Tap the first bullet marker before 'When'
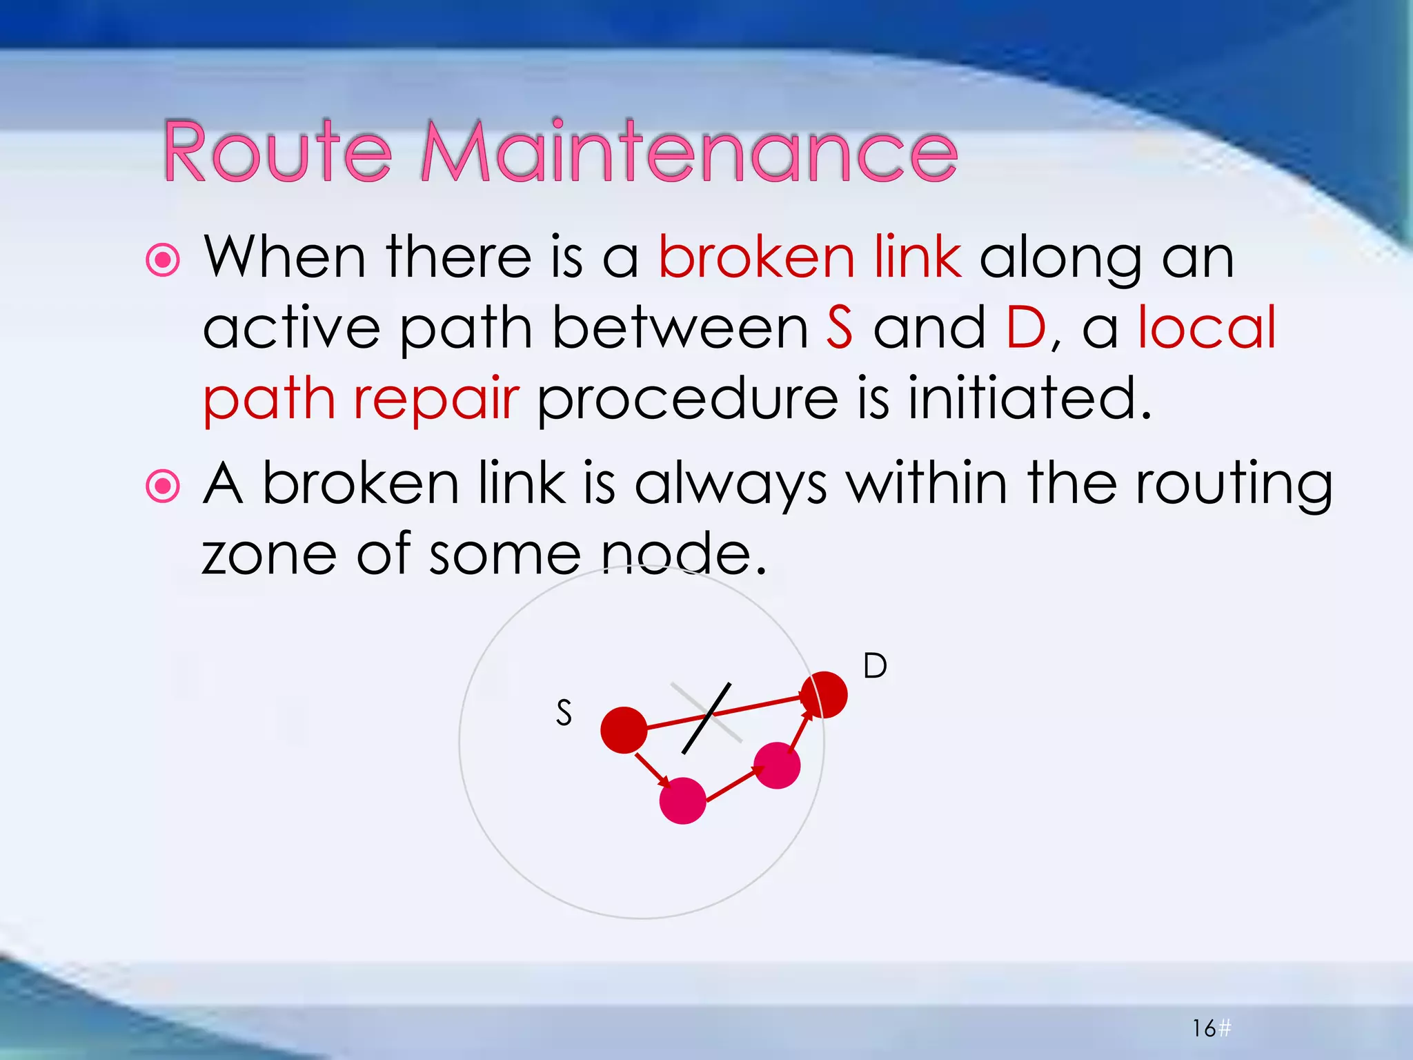click(164, 260)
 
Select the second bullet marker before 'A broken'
click(164, 487)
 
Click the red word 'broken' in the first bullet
click(756, 257)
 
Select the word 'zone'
click(269, 555)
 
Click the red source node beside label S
click(624, 729)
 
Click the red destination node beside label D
click(824, 694)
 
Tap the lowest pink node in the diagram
click(682, 801)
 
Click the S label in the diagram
click(564, 713)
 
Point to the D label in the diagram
click(875, 666)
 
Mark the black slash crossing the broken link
click(706, 718)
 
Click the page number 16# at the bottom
click(1211, 1028)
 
